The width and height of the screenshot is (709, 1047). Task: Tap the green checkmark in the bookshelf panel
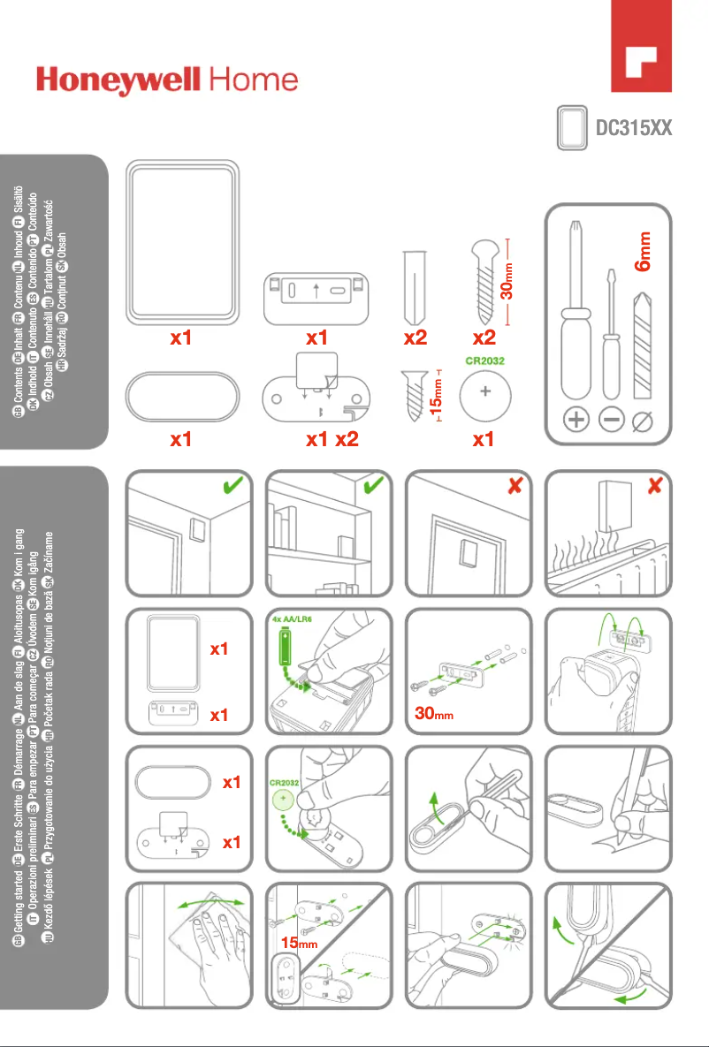pyautogui.click(x=374, y=486)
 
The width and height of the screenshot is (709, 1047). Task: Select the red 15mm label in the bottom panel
pyautogui.click(x=299, y=943)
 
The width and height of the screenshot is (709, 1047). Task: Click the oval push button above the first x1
pyautogui.click(x=181, y=396)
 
